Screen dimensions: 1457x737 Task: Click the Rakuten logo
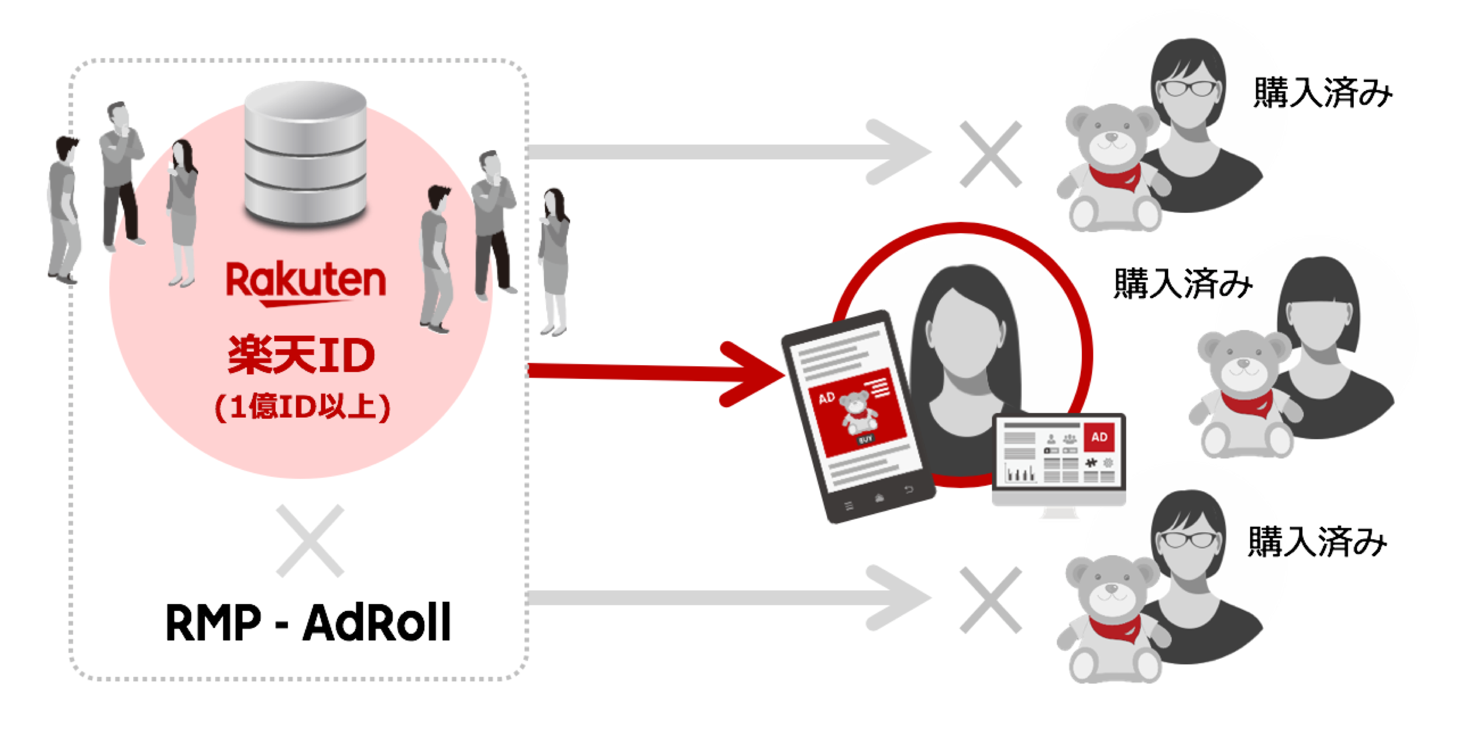point(306,283)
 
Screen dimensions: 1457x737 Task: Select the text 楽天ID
point(301,355)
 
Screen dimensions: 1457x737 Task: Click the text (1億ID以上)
point(303,407)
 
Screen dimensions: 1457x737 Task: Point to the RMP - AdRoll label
point(308,622)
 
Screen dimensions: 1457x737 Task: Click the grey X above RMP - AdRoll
point(310,540)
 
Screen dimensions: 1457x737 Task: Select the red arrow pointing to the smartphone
point(656,373)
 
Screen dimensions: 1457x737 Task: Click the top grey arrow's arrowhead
point(899,152)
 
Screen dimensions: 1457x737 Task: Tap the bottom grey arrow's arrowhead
point(899,597)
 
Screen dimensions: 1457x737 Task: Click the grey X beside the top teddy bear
point(991,154)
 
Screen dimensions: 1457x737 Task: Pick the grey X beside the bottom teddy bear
point(991,600)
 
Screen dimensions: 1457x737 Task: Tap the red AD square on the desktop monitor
point(1099,437)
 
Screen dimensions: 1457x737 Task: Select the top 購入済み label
point(1323,92)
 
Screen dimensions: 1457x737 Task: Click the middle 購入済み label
point(1183,283)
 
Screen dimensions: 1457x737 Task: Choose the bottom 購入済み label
point(1317,542)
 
